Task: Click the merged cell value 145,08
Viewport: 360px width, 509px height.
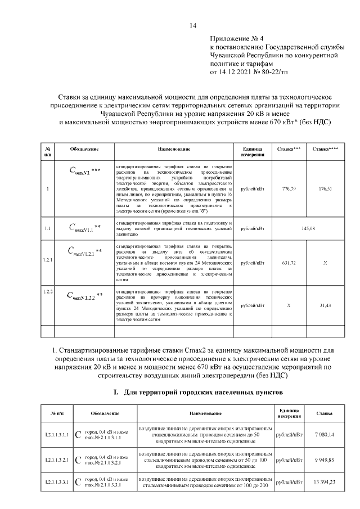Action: click(308, 228)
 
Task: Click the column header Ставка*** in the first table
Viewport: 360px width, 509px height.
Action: click(289, 149)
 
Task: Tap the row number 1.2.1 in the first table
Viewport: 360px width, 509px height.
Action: click(48, 260)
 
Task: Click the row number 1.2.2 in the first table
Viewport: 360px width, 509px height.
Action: click(48, 291)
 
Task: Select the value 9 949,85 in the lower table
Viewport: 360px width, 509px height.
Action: click(325, 460)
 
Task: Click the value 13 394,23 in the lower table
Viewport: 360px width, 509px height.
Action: click(325, 482)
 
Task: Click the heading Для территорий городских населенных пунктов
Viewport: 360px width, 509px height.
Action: click(194, 391)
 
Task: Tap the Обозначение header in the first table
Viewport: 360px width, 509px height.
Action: click(84, 149)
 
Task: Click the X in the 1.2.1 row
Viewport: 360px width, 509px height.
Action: click(326, 263)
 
